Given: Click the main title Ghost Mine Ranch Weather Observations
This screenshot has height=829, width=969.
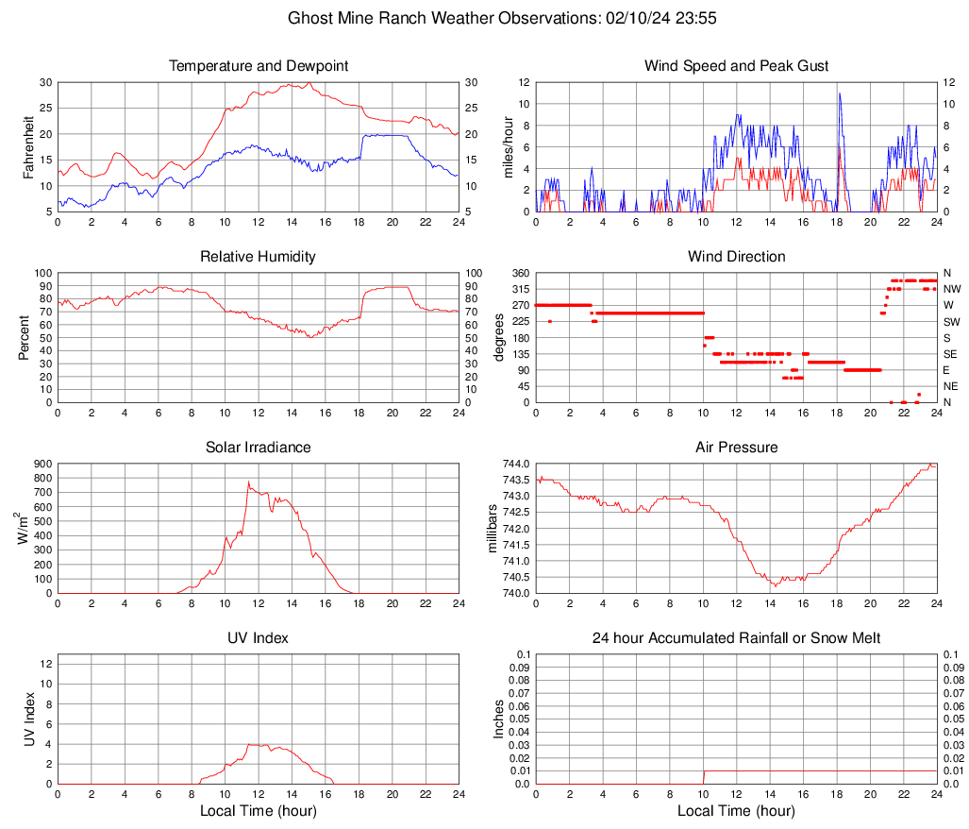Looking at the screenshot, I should pyautogui.click(x=484, y=18).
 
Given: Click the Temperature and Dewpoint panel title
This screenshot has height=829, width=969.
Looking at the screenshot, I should pyautogui.click(x=259, y=66).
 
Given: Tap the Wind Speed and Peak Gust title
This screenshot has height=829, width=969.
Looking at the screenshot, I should pyautogui.click(x=736, y=66).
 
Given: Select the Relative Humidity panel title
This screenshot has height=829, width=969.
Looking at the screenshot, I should pyautogui.click(x=259, y=257).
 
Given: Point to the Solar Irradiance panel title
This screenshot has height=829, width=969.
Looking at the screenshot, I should pyautogui.click(x=259, y=448).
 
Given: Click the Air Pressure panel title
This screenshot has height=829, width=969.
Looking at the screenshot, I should pyautogui.click(x=736, y=448).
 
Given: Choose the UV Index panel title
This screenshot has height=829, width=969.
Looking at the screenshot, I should pyautogui.click(x=259, y=638).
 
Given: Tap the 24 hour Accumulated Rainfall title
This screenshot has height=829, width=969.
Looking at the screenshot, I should pyautogui.click(x=736, y=638).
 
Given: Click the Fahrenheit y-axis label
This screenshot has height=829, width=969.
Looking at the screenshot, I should pyautogui.click(x=28, y=146).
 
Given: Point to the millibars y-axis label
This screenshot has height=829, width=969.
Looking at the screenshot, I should pyautogui.click(x=492, y=528).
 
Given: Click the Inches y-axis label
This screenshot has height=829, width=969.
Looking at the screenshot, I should pyautogui.click(x=499, y=719).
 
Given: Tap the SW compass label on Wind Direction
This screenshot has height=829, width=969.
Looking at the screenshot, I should pyautogui.click(x=951, y=322).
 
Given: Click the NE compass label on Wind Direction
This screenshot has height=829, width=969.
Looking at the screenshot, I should pyautogui.click(x=951, y=386).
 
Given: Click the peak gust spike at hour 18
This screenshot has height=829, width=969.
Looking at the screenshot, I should pyautogui.click(x=838, y=93).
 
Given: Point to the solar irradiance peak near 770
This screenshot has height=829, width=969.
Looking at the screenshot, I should pyautogui.click(x=248, y=482).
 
